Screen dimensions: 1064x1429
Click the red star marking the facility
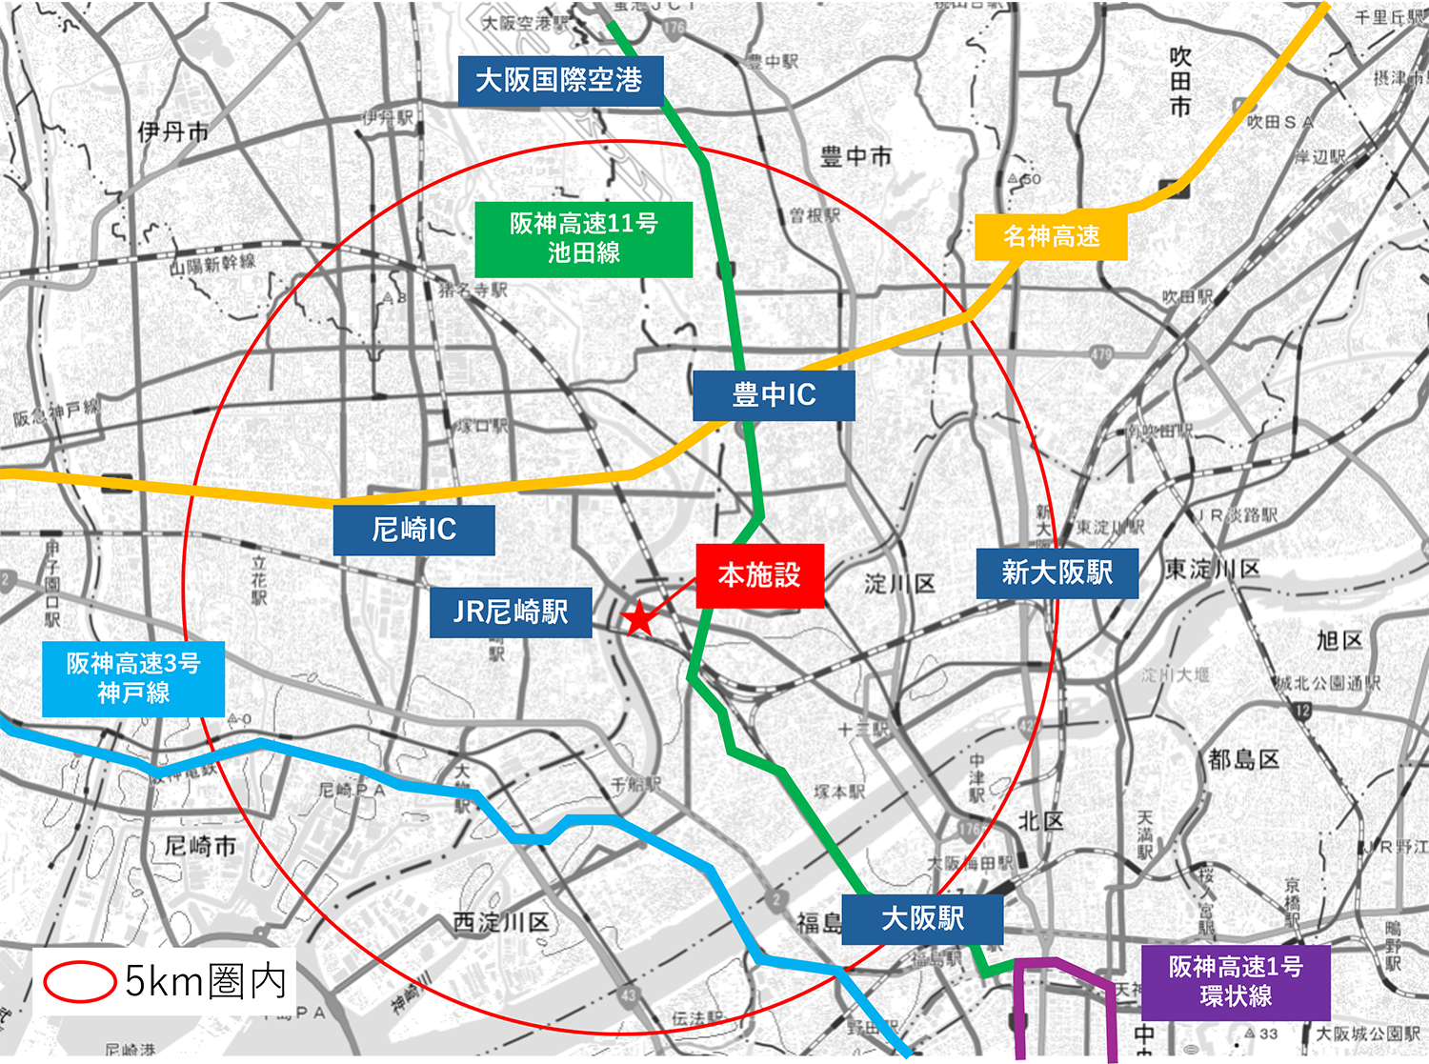[x=639, y=618]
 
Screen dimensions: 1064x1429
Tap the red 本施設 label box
[x=759, y=575]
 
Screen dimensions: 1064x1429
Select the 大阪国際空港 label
[x=559, y=80]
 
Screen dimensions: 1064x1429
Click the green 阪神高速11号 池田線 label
[x=583, y=238]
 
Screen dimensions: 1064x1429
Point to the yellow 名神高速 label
[x=1051, y=236]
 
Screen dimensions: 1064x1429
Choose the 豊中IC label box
[x=774, y=394]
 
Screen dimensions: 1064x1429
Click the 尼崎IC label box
[x=413, y=530]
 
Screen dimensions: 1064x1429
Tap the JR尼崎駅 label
[x=511, y=612]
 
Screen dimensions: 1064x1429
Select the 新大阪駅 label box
[x=1057, y=572]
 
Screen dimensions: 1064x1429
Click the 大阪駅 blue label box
[x=922, y=918]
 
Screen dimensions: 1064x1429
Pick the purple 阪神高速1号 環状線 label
[x=1236, y=981]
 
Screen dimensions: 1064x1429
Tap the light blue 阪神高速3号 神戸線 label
[x=133, y=678]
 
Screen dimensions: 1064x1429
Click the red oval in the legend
[x=79, y=982]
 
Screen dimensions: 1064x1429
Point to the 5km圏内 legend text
[x=206, y=981]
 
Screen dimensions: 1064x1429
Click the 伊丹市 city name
[x=172, y=131]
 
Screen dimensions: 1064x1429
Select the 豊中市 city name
[x=855, y=156]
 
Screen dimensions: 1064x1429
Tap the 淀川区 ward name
[x=899, y=583]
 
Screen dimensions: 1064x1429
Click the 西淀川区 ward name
[x=501, y=922]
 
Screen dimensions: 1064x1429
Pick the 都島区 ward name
[x=1243, y=759]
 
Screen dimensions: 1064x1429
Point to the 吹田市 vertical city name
[x=1180, y=82]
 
